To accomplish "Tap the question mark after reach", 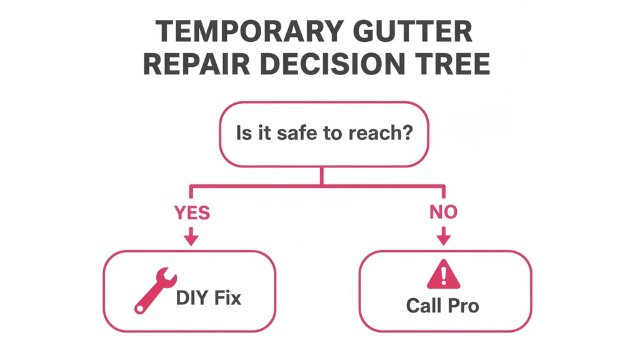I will click(407, 132).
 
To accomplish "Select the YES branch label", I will click(192, 212).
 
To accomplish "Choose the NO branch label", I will click(443, 212).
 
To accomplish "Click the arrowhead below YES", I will click(192, 239).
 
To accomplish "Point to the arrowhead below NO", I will click(443, 239).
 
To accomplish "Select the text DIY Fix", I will click(208, 297).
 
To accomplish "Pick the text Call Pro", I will click(442, 306).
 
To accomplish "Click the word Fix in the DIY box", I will click(227, 297).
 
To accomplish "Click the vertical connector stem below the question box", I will click(322, 176).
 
